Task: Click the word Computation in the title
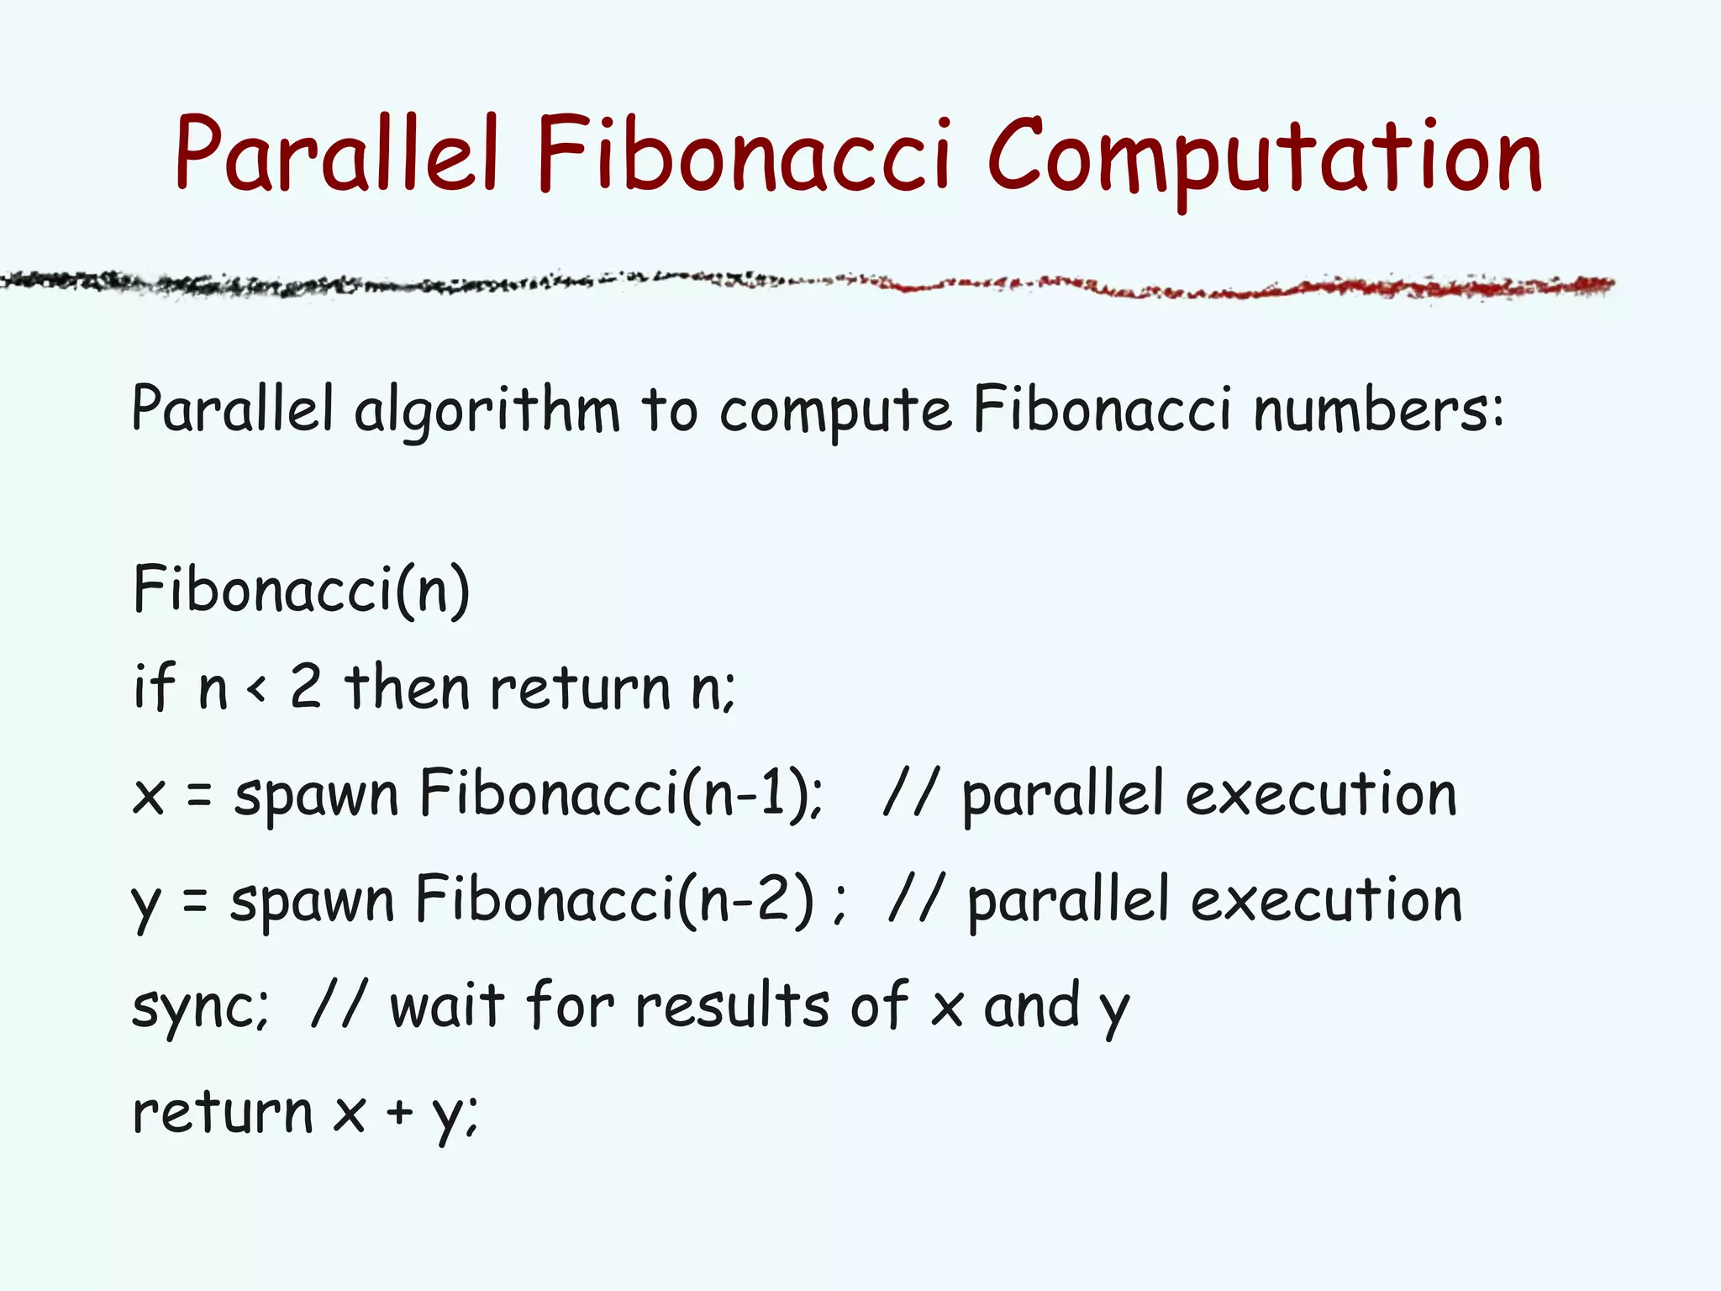click(x=1265, y=155)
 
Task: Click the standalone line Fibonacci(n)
click(x=301, y=590)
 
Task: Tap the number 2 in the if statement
click(x=306, y=687)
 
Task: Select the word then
click(x=408, y=687)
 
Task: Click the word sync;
click(x=200, y=1007)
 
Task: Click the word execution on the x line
click(x=1320, y=794)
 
